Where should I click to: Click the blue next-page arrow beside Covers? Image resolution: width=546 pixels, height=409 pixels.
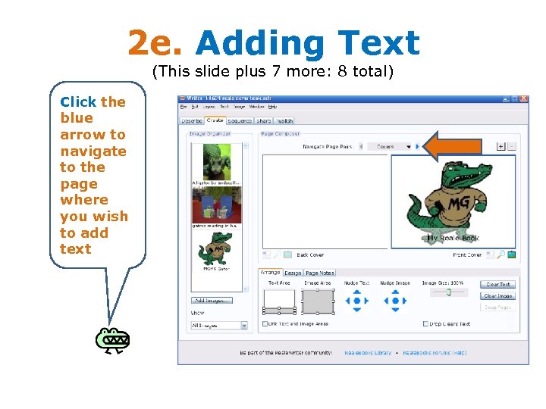(418, 146)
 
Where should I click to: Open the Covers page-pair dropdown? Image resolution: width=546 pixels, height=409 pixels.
(390, 146)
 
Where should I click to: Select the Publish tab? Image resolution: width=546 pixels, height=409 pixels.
(284, 120)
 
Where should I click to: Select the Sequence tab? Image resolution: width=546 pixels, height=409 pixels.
(240, 120)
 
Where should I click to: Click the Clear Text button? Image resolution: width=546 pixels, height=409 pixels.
(497, 285)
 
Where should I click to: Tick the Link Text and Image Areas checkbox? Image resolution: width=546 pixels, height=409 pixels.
(265, 323)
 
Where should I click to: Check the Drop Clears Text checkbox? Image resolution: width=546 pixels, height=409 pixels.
(425, 323)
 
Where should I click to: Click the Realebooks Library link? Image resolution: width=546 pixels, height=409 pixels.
(368, 352)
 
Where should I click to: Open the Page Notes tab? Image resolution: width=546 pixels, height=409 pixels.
(319, 273)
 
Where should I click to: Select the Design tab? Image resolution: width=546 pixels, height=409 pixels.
(293, 273)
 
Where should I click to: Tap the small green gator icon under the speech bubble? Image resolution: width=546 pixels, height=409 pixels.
(112, 341)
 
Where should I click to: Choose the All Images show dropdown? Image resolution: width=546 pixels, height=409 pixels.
(218, 325)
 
